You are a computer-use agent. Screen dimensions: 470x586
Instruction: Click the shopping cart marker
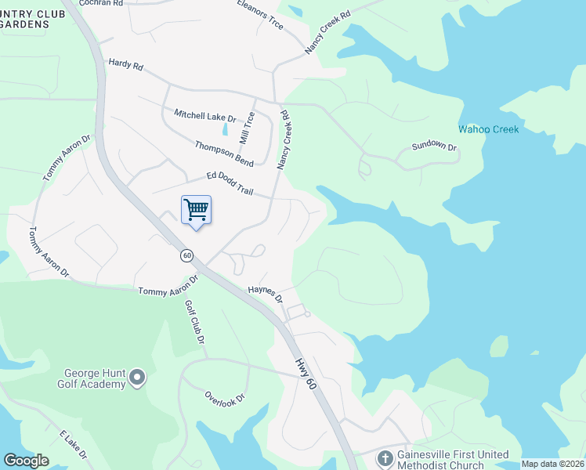coord(196,210)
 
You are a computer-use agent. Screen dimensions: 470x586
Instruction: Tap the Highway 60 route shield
coord(186,255)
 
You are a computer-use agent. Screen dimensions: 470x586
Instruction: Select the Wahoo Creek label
coord(488,129)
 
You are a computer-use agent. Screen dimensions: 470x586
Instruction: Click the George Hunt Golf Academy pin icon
coord(137,378)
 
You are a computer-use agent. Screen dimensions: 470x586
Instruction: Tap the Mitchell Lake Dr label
coord(205,116)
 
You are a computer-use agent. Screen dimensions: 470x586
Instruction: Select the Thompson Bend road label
coord(224,153)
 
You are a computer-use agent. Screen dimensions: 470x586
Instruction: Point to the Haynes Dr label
coord(265,294)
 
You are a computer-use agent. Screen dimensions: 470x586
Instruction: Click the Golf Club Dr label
coord(195,322)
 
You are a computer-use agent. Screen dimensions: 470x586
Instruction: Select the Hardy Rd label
coord(126,65)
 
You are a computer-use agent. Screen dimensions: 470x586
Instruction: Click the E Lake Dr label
coord(73,444)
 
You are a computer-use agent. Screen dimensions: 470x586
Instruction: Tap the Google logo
coord(26,461)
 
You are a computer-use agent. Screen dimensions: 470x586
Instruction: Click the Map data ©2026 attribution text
coord(552,464)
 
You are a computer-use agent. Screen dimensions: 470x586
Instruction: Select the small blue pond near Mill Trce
coord(226,128)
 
